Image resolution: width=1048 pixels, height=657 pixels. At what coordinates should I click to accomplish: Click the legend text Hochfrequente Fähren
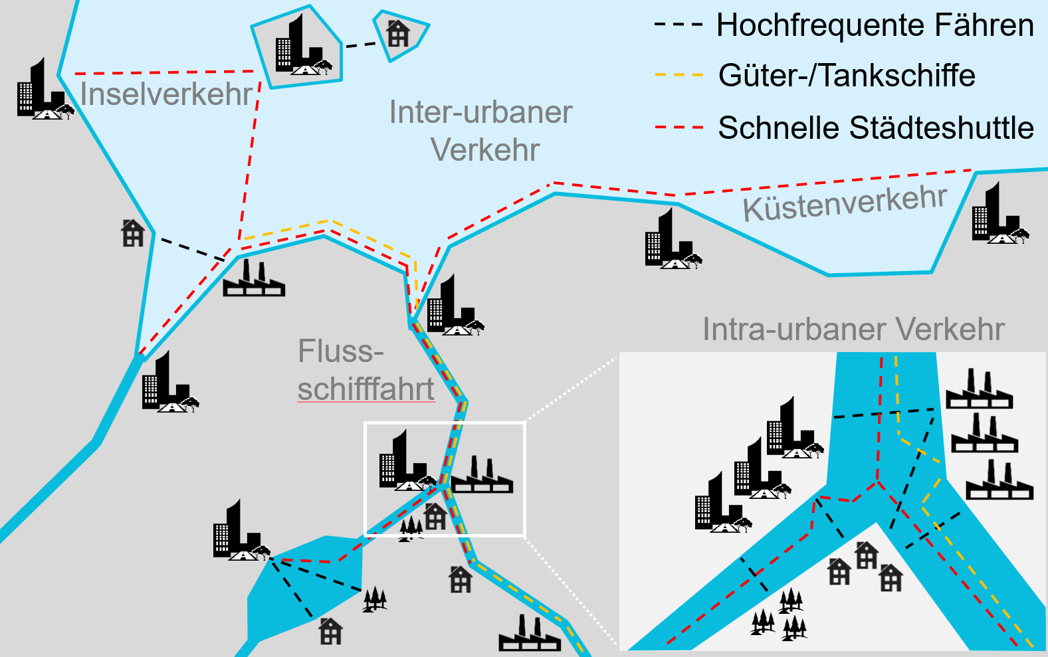(x=875, y=26)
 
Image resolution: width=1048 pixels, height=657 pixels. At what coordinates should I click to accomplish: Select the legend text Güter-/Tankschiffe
(x=847, y=76)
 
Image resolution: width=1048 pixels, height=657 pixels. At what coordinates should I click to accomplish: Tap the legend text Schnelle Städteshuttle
(x=876, y=128)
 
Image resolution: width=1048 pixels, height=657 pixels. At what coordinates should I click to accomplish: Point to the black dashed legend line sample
(x=679, y=25)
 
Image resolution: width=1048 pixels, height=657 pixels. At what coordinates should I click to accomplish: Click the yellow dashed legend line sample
(x=679, y=75)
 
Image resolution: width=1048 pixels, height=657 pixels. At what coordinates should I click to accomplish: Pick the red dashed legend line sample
(x=679, y=127)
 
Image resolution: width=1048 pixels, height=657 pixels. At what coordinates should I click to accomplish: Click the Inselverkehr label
(x=166, y=94)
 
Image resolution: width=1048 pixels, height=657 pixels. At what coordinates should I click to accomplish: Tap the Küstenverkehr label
(x=845, y=203)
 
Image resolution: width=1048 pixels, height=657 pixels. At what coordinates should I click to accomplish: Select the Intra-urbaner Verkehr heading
(x=853, y=329)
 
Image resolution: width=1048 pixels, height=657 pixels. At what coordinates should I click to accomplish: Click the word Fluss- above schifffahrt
(x=340, y=351)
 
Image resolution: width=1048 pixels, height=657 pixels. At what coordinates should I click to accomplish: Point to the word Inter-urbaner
(x=480, y=112)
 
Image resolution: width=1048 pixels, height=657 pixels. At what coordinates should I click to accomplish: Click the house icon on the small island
(x=398, y=33)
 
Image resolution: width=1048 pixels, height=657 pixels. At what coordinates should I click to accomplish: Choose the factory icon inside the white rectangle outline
(x=482, y=475)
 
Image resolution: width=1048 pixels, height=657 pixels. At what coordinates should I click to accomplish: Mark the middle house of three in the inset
(x=866, y=555)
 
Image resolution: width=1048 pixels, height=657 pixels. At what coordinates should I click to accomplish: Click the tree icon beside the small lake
(x=375, y=599)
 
